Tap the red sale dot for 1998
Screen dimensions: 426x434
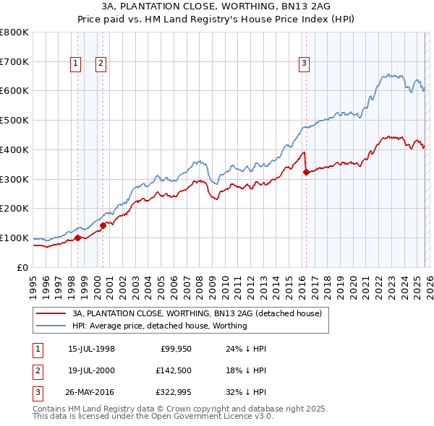coord(77,238)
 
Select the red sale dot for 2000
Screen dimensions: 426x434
coord(103,225)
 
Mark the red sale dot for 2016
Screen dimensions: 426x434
coord(306,172)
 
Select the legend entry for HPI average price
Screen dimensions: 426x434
coord(160,326)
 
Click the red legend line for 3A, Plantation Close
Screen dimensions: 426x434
coord(50,313)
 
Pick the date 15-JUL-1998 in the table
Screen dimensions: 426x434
coord(91,349)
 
